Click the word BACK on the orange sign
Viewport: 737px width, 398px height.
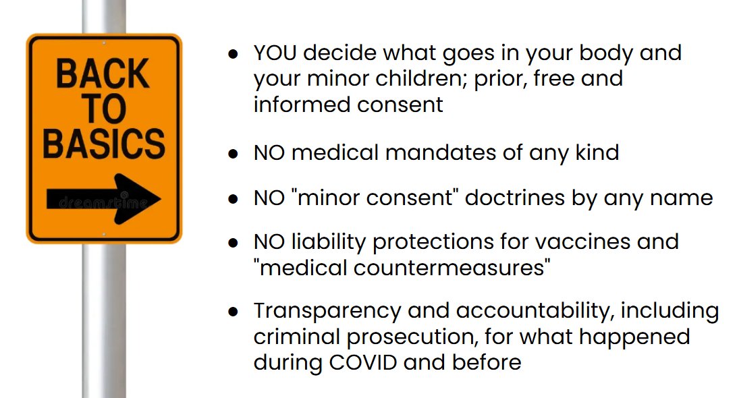103,74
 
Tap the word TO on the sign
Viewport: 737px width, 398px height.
105,109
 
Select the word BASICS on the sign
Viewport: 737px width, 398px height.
104,143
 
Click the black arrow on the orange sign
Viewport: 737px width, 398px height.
104,199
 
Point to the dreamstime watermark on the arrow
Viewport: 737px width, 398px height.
103,202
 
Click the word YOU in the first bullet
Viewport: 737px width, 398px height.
275,53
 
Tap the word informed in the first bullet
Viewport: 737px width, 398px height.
302,105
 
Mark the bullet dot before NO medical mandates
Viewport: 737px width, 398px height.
233,154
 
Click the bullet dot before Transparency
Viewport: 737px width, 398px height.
233,312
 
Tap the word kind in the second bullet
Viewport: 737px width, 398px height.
597,152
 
